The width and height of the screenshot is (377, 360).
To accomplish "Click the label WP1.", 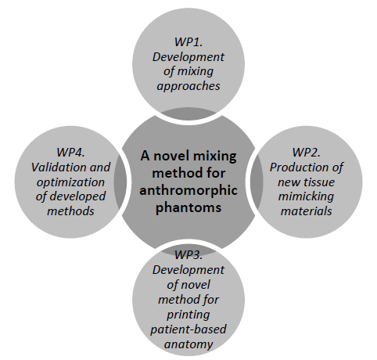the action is (188, 42).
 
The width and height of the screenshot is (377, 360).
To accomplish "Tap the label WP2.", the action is (306, 152).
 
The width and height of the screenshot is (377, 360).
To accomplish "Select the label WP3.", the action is (188, 254).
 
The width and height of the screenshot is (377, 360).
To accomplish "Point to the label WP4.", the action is (70, 152).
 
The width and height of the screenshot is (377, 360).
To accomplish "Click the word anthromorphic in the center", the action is (188, 190).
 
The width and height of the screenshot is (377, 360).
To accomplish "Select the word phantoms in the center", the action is (188, 207).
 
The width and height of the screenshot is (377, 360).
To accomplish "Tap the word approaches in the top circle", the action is (188, 87).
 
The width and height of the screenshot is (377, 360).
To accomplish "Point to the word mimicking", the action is (306, 196).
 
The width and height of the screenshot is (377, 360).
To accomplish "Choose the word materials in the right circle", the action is (306, 211).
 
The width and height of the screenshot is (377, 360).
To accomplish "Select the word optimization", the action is (70, 182).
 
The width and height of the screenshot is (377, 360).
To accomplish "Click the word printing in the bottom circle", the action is (188, 315).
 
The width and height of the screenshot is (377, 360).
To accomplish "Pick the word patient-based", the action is (188, 329).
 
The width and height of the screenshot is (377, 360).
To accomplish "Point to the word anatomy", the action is (188, 344).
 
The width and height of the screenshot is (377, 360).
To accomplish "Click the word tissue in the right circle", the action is (320, 182).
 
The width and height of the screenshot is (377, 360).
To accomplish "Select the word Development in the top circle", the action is (188, 57).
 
